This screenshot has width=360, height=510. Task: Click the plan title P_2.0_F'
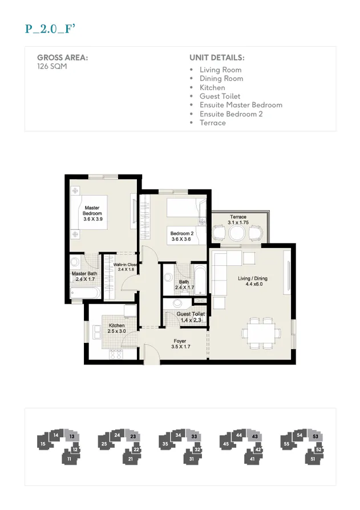51,30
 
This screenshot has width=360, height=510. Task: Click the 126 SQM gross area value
50,66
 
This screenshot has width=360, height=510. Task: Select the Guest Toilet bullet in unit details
220,96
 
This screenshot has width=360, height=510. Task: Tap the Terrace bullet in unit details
212,123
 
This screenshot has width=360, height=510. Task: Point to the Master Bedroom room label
92,213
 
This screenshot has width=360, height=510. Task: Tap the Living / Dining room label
253,281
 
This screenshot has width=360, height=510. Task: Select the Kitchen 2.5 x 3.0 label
116,329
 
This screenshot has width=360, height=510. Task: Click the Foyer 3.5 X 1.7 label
180,344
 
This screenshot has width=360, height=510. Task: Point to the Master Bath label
83,277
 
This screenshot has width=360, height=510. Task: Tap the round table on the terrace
237,233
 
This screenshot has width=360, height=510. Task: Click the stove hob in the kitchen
116,354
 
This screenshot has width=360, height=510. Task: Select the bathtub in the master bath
85,293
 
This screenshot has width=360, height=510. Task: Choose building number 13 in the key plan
71,437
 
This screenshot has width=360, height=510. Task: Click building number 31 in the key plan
192,458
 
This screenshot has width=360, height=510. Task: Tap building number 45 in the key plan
226,443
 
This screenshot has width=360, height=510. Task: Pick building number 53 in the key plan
315,436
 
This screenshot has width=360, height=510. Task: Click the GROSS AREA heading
62,58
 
